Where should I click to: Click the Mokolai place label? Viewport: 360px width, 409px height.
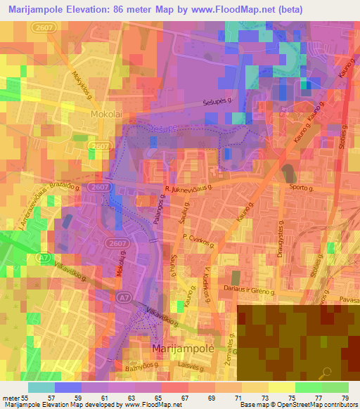[x=107, y=112]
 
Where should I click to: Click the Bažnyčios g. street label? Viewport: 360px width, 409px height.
[x=151, y=368]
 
